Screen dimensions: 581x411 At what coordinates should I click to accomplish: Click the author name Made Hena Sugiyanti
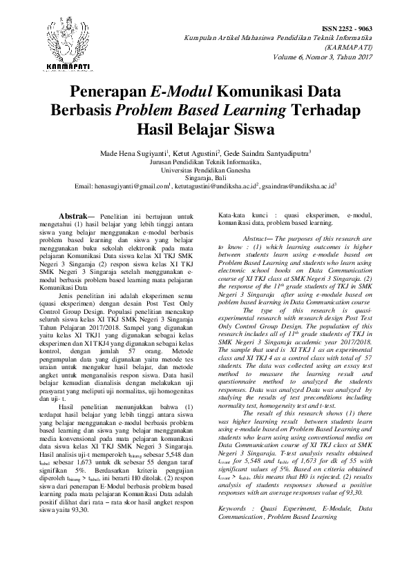click(x=132, y=152)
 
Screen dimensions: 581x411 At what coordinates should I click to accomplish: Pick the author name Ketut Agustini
click(x=195, y=152)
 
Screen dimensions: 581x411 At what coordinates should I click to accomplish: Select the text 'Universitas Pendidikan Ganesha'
click(x=205, y=168)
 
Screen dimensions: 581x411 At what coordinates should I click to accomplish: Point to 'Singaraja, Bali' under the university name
click(x=205, y=177)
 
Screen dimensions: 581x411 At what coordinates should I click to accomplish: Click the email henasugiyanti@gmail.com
click(x=131, y=186)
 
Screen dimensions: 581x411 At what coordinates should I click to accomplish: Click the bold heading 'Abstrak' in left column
click(x=73, y=215)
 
